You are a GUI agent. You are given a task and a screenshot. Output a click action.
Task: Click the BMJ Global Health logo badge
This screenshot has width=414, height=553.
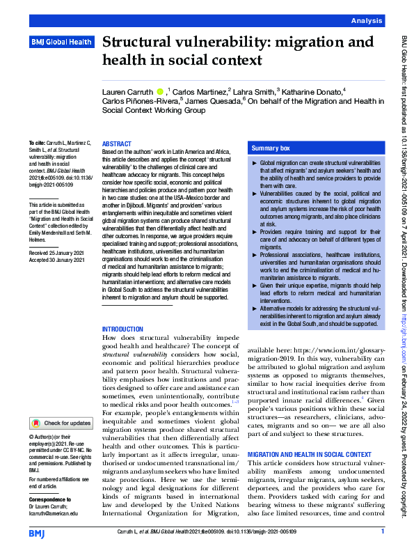[x=61, y=42]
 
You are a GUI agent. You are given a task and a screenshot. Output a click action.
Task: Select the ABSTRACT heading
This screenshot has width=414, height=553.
[x=116, y=142]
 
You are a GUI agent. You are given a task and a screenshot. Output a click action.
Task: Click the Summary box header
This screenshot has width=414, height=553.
[x=271, y=148]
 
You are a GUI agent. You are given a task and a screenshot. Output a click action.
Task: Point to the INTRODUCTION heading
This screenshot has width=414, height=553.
[x=123, y=329]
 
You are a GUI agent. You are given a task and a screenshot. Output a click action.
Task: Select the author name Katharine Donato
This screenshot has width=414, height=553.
[x=313, y=91]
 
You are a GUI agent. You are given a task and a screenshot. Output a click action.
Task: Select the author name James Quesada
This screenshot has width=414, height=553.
[x=212, y=101]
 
